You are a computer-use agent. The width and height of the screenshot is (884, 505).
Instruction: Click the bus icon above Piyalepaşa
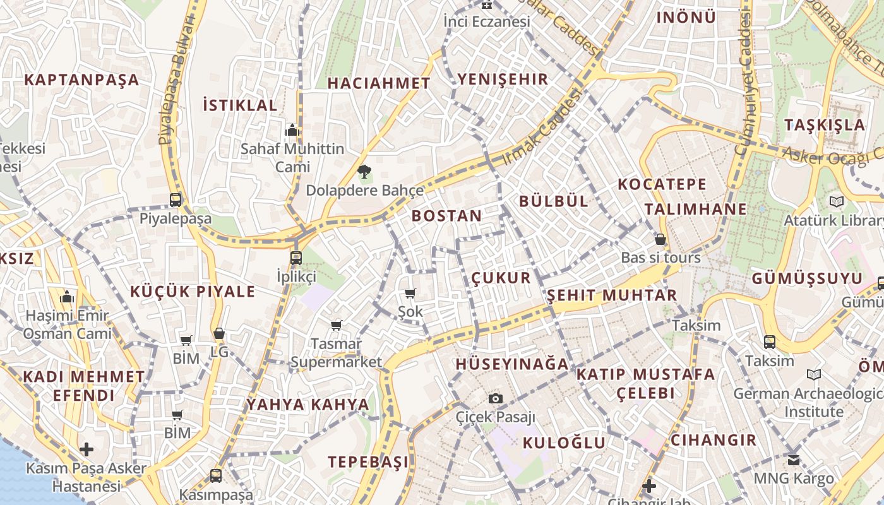176,200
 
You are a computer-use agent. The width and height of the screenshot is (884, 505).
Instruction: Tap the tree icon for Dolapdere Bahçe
364,171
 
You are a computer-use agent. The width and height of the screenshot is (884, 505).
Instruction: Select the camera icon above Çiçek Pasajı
496,398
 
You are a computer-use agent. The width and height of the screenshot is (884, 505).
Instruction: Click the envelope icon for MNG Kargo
794,460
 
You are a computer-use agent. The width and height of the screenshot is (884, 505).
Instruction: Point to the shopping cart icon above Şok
410,293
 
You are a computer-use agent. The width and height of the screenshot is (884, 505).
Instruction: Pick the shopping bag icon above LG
219,333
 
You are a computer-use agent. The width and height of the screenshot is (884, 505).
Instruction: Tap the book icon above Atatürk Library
837,202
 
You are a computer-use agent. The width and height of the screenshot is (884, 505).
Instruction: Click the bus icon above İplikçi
296,258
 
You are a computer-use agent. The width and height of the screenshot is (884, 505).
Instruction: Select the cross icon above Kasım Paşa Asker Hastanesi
87,449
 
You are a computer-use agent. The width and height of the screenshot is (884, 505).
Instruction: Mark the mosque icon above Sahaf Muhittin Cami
292,131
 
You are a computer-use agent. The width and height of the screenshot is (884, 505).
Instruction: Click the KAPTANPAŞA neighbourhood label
81,80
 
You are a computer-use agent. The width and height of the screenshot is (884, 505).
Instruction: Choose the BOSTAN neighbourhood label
446,216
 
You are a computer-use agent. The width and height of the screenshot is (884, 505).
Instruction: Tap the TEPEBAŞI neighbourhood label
368,462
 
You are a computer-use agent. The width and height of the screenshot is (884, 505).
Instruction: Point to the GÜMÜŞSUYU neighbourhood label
807,279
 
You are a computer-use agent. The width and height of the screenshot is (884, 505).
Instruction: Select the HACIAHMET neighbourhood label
379,83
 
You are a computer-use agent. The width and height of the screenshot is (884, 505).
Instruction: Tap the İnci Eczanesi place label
486,21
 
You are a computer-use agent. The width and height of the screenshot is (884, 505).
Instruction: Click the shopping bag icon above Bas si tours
660,239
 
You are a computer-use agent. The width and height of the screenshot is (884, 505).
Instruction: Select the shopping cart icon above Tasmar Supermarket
336,325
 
